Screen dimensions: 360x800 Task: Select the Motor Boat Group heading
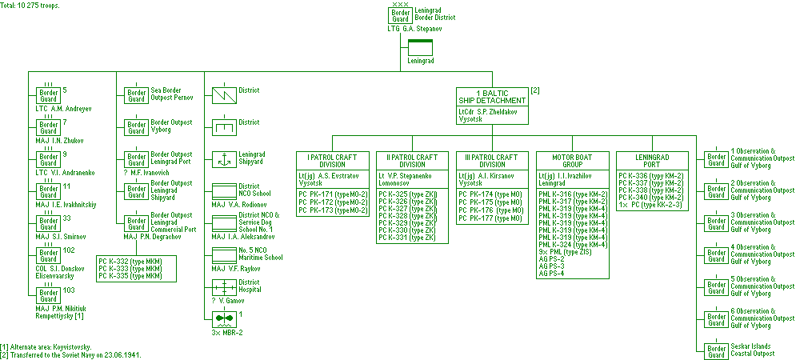pyautogui.click(x=571, y=161)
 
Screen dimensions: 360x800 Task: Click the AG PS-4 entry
pyautogui.click(x=551, y=274)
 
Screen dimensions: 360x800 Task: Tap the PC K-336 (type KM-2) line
pyautogui.click(x=650, y=175)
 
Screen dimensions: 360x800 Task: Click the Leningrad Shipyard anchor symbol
pyautogui.click(x=223, y=158)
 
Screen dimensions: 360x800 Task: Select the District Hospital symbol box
pyautogui.click(x=223, y=287)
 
